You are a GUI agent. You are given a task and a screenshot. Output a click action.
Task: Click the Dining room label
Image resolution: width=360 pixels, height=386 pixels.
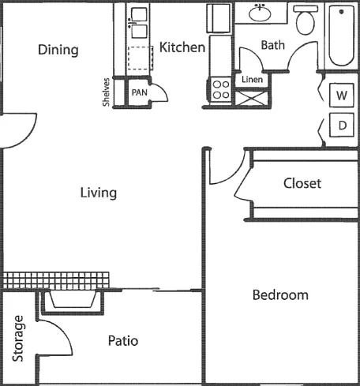click(58, 50)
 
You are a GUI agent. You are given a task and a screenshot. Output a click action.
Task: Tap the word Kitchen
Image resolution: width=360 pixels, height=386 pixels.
click(182, 47)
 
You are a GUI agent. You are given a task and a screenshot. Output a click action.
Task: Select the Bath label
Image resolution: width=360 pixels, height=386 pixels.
click(272, 45)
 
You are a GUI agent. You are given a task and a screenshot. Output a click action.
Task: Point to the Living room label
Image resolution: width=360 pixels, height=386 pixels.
click(99, 193)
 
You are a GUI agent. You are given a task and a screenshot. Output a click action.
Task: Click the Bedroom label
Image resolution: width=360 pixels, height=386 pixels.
click(280, 295)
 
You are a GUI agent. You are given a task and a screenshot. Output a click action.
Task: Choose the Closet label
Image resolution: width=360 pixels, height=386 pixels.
click(302, 183)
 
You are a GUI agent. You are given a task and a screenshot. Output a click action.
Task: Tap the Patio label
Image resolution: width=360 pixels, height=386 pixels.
click(123, 341)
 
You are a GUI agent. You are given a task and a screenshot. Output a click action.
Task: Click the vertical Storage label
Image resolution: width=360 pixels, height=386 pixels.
click(18, 339)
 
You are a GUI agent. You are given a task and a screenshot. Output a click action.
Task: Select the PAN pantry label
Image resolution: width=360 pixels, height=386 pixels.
click(139, 92)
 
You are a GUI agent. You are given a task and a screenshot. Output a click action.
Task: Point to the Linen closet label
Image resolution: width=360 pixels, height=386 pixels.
click(252, 80)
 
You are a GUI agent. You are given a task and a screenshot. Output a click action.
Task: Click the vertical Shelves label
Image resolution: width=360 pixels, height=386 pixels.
click(106, 92)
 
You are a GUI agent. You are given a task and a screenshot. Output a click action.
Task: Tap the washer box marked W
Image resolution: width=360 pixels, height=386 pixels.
click(342, 95)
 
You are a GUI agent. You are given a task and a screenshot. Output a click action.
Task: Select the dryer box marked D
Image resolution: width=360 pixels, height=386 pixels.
click(342, 125)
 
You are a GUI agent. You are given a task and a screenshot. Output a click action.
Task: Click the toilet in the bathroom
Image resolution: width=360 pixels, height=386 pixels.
click(306, 20)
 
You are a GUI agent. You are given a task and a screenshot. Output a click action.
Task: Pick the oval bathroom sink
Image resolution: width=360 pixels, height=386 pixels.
click(260, 13)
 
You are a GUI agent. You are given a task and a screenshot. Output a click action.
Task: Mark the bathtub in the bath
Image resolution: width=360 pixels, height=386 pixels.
click(341, 36)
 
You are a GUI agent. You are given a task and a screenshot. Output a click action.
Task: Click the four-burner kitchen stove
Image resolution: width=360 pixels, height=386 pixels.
click(221, 89)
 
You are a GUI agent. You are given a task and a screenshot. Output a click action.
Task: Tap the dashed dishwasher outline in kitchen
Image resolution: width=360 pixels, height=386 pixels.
click(141, 58)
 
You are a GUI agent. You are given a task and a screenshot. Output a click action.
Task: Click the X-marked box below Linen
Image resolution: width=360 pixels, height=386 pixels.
click(251, 98)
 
